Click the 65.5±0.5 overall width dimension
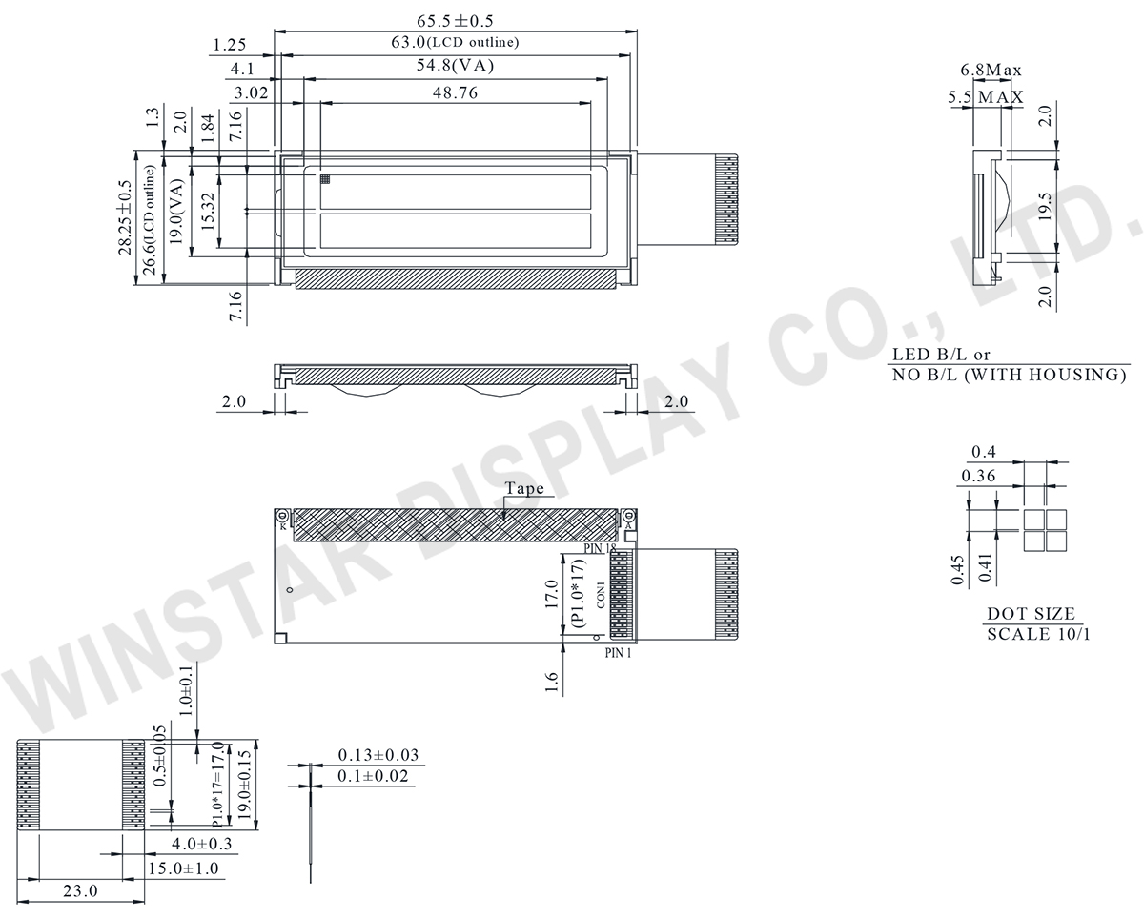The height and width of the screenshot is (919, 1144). (x=455, y=21)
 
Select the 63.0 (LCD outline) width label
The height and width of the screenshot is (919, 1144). (x=455, y=42)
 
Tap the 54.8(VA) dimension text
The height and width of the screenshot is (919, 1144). (x=455, y=66)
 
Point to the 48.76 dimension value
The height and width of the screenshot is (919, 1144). (x=455, y=93)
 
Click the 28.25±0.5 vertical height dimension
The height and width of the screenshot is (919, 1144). (x=125, y=218)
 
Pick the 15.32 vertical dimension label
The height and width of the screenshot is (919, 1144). (x=208, y=211)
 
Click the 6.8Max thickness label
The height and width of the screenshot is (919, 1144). (x=991, y=70)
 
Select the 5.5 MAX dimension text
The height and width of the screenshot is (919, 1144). (x=986, y=96)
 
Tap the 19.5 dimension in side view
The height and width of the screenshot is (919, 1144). (x=1045, y=207)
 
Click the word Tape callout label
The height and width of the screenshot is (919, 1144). (x=524, y=488)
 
